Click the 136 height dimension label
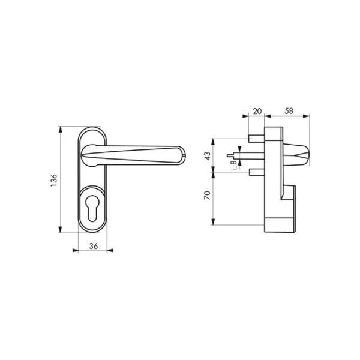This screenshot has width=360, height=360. click(54, 180)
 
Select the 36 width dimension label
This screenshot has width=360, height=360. click(94, 246)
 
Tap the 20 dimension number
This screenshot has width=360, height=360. click(257, 111)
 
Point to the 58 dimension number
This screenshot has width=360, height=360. click(289, 111)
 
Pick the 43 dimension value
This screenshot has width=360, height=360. click(208, 156)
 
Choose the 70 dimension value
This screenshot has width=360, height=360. click(208, 195)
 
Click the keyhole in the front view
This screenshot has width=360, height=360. click(92, 208)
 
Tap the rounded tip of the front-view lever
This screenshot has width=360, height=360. click(183, 155)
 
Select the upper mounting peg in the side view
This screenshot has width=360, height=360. click(256, 139)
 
